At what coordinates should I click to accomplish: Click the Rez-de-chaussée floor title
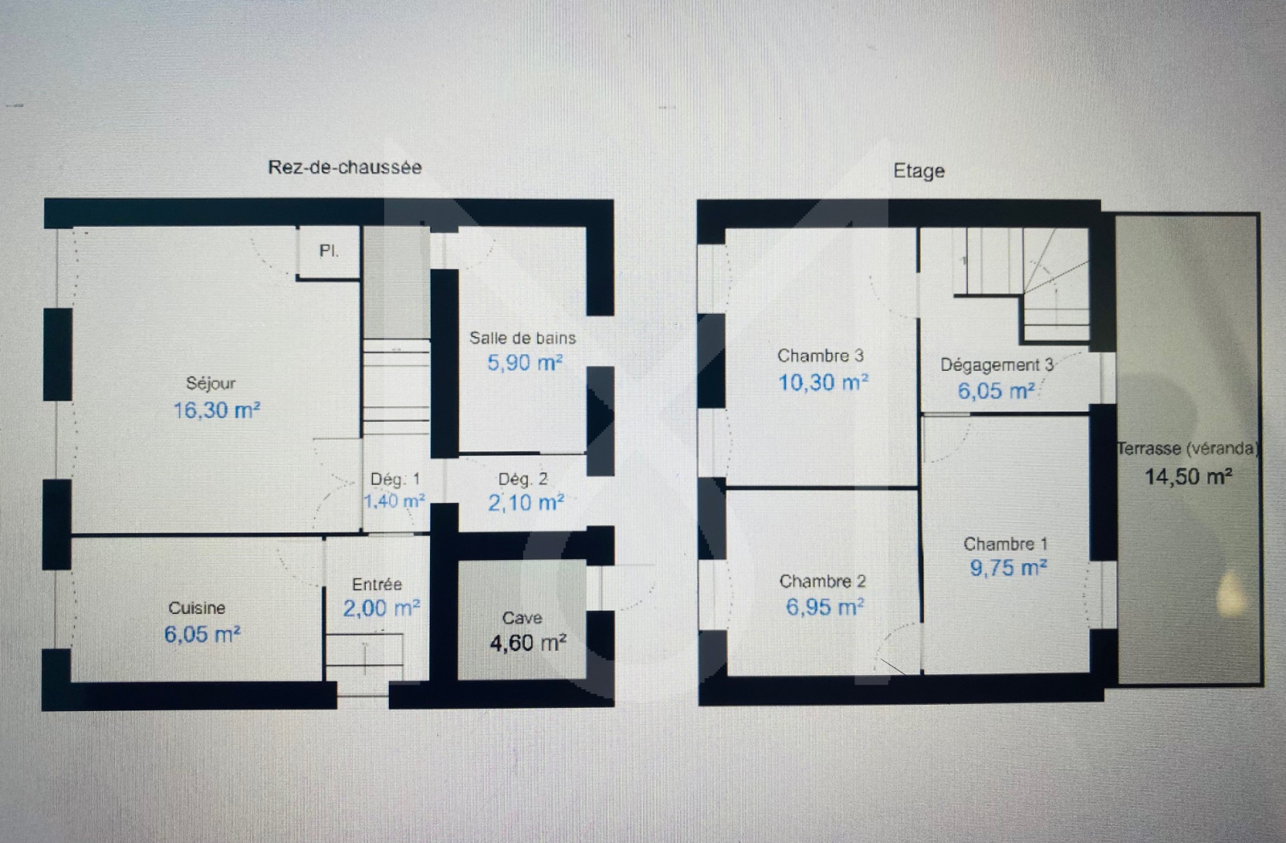(345, 167)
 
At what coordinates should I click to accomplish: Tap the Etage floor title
(919, 171)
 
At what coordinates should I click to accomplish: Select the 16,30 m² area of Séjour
(217, 410)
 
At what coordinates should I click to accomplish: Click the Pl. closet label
(329, 251)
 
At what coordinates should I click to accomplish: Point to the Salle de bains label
(522, 338)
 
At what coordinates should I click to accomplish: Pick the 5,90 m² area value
(525, 363)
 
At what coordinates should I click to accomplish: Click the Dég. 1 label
(395, 479)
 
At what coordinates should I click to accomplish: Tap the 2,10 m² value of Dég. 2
(526, 503)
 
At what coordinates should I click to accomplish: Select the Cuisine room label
(197, 608)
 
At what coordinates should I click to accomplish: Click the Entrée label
(377, 585)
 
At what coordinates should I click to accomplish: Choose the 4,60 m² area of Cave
(528, 643)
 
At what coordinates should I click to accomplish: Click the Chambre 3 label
(821, 356)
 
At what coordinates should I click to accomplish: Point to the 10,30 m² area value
(823, 382)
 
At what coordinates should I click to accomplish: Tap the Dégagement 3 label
(997, 365)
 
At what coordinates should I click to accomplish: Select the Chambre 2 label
(822, 582)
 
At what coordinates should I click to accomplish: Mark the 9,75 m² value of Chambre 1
(1009, 568)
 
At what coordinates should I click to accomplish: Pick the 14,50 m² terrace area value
(1189, 476)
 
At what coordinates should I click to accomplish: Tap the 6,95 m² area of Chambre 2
(825, 607)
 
